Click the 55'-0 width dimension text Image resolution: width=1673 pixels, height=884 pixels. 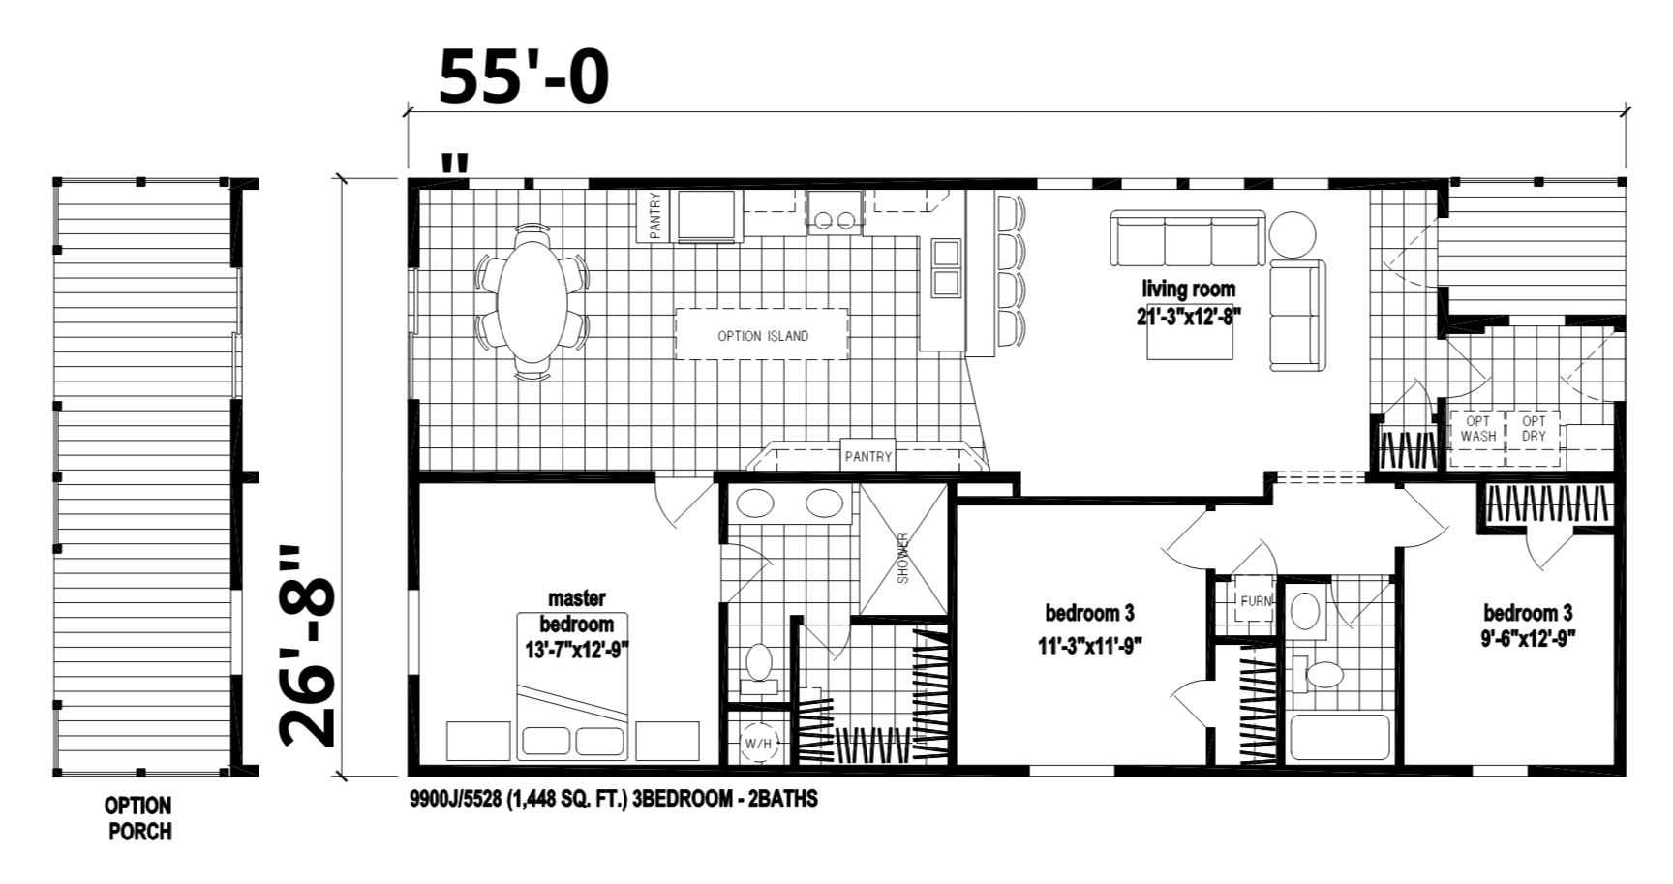(524, 77)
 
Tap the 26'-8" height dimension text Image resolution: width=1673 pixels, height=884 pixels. (307, 647)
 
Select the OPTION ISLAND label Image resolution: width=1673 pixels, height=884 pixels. (762, 336)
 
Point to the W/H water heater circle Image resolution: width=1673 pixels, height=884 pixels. (758, 744)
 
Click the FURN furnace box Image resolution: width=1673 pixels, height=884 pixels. (1255, 601)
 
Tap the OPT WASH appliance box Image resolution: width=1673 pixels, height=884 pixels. (1477, 429)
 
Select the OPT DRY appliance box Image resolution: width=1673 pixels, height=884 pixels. (1534, 429)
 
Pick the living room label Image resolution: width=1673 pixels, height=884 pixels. (1188, 289)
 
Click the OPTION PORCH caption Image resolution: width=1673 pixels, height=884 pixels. (139, 818)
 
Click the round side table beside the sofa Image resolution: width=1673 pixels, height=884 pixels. (1293, 235)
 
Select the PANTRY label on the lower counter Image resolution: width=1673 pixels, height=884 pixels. (867, 456)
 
